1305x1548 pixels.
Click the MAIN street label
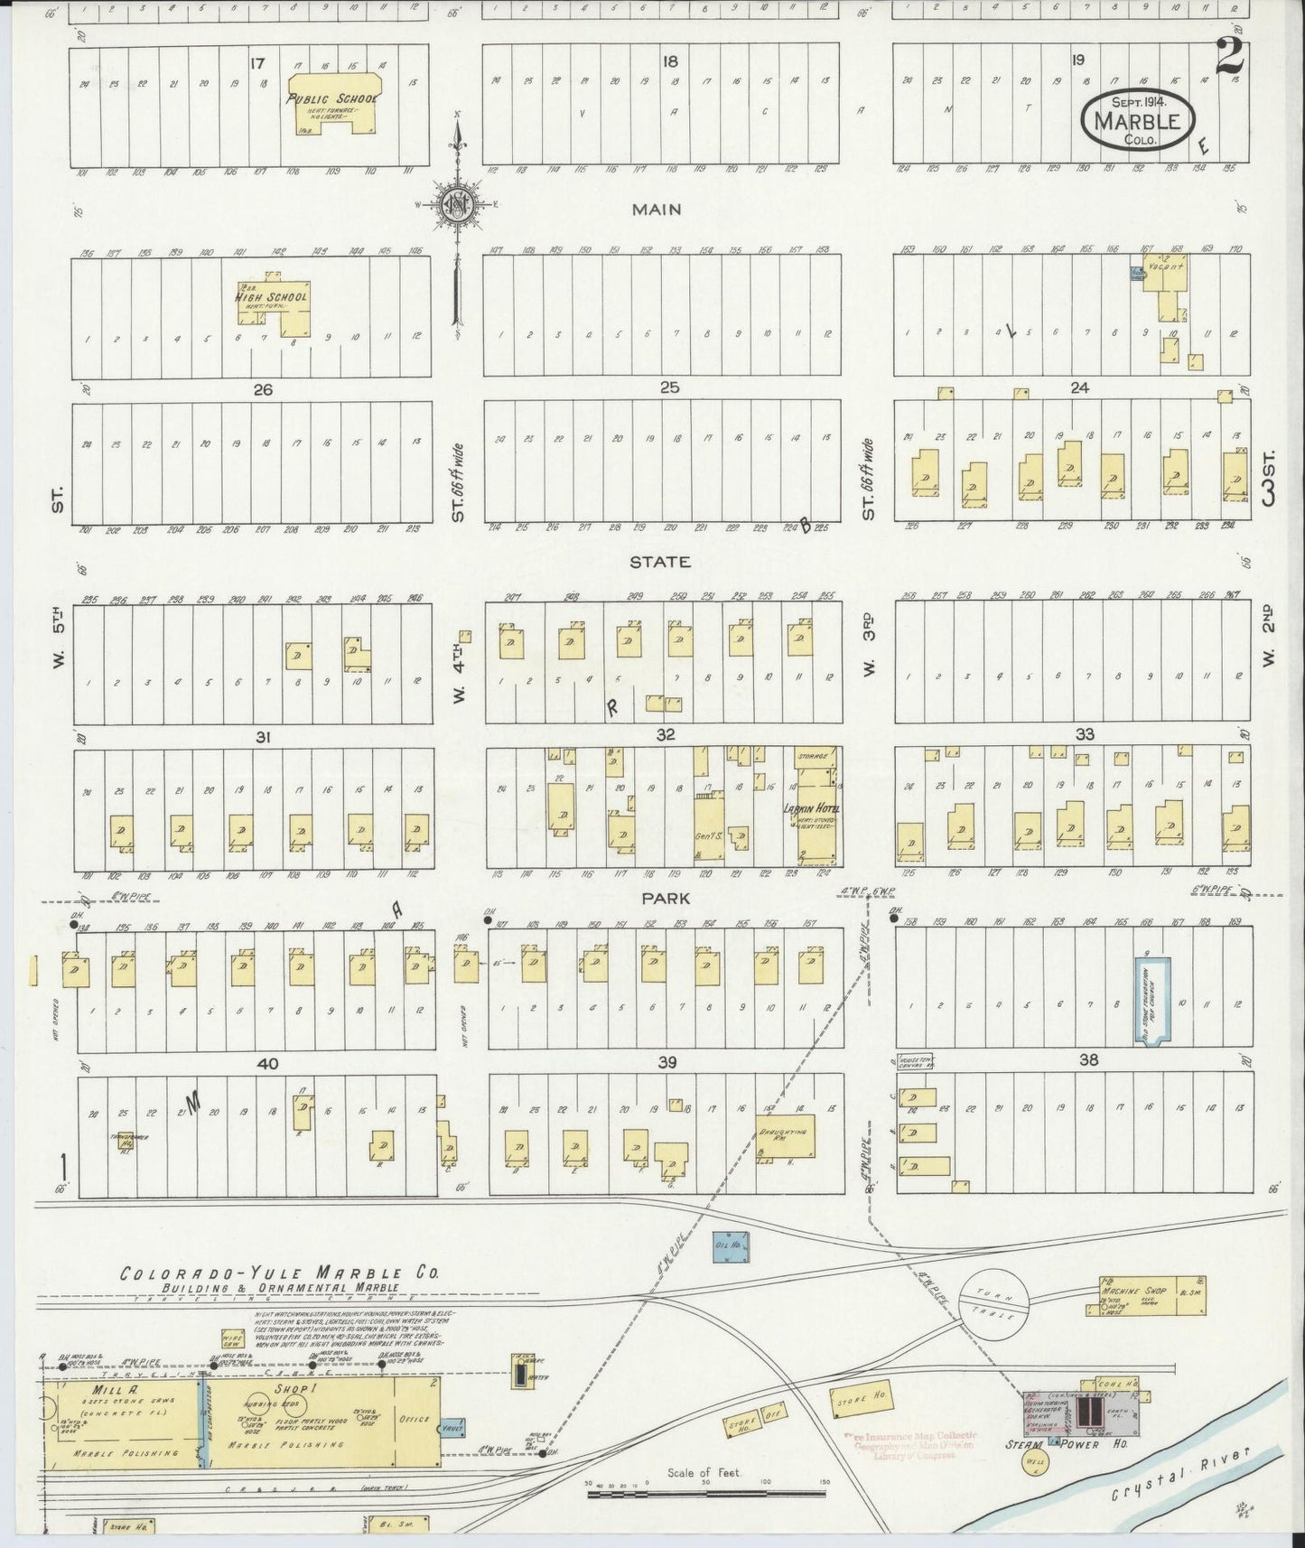click(x=657, y=210)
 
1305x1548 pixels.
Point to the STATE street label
click(x=660, y=562)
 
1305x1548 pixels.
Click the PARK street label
click(x=666, y=899)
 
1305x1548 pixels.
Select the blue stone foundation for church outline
click(x=1151, y=1002)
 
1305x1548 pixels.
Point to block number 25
click(x=668, y=387)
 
